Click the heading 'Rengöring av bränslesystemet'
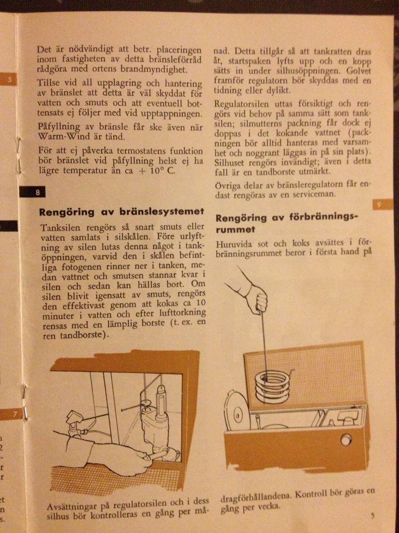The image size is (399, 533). click(x=122, y=212)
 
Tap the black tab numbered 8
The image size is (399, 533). click(x=32, y=192)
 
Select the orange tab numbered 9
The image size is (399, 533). click(x=383, y=204)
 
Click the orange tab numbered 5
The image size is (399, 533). click(x=8, y=80)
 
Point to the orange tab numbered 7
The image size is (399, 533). click(x=12, y=414)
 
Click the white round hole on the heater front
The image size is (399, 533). click(x=345, y=440)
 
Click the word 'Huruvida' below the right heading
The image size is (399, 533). click(x=233, y=244)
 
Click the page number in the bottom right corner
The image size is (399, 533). click(x=373, y=515)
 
